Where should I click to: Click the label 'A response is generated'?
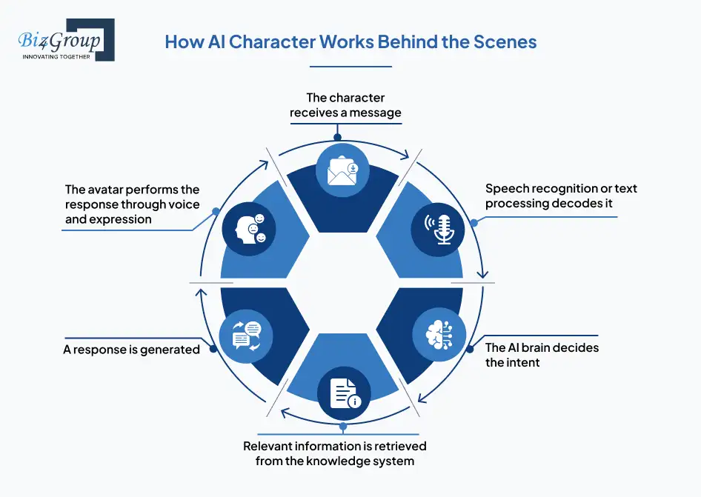pyautogui.click(x=132, y=349)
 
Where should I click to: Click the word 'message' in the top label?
pyautogui.click(x=376, y=113)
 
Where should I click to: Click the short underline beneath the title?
pyautogui.click(x=350, y=66)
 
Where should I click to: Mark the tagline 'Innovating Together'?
pyautogui.click(x=56, y=57)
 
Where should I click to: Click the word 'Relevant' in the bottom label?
pyautogui.click(x=271, y=447)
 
